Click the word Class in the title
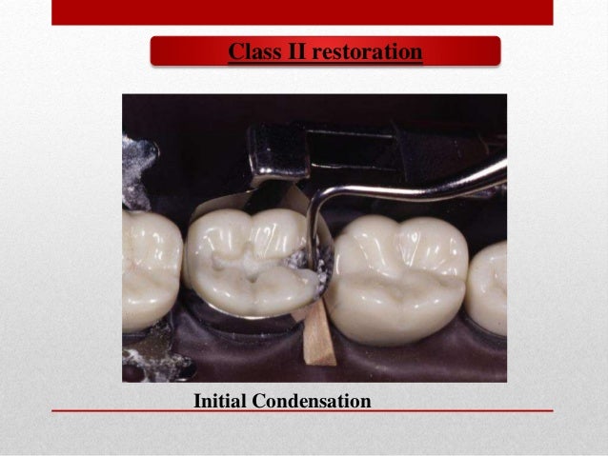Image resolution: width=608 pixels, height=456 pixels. click(251, 51)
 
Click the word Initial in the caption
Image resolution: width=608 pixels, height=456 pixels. click(219, 402)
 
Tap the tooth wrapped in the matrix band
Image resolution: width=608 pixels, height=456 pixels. click(243, 257)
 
